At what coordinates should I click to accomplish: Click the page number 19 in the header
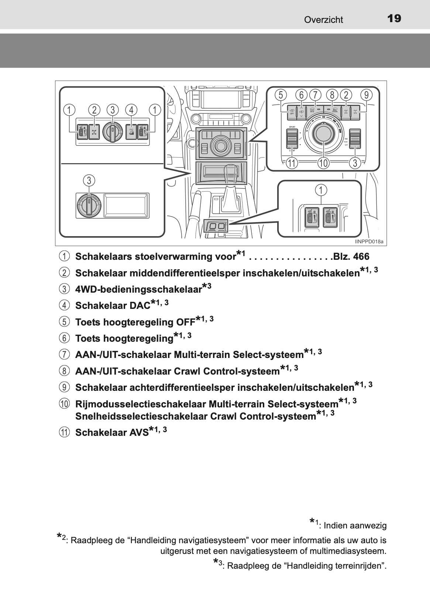[x=394, y=18]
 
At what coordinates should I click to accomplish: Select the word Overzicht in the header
[x=323, y=20]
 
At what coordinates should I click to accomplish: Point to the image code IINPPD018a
[x=369, y=242]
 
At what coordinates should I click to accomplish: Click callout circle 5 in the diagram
[x=281, y=95]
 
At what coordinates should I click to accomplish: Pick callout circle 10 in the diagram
[x=323, y=163]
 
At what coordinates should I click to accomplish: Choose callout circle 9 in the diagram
[x=366, y=95]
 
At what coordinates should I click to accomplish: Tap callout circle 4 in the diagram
[x=131, y=110]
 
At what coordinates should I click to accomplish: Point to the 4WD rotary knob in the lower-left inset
[x=89, y=204]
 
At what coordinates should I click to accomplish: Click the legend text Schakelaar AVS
[x=112, y=432]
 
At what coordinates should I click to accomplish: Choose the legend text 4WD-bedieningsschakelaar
[x=138, y=289]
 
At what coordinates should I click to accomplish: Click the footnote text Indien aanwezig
[x=355, y=525]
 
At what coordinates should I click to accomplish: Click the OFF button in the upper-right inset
[x=292, y=111]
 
